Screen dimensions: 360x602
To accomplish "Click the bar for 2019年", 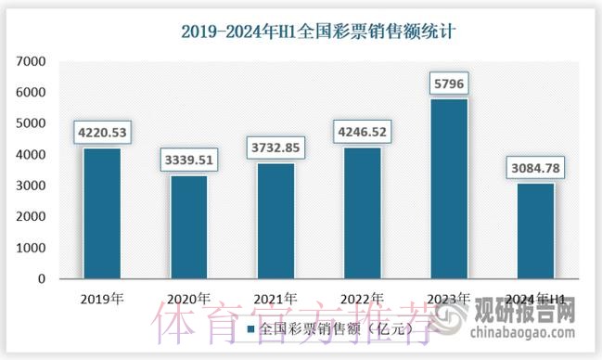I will [x=101, y=213].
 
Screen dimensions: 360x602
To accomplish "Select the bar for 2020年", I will [x=188, y=227].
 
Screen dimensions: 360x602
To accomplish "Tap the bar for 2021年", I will [x=275, y=221].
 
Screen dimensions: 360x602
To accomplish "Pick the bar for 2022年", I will [x=363, y=212].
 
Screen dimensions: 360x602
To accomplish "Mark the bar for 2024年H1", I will [x=536, y=231].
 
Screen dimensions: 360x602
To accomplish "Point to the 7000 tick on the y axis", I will [x=31, y=61].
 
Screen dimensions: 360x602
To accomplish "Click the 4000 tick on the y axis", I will [x=31, y=154].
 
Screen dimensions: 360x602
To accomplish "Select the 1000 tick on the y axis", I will [x=31, y=248].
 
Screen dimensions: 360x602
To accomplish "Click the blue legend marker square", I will [x=250, y=328].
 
